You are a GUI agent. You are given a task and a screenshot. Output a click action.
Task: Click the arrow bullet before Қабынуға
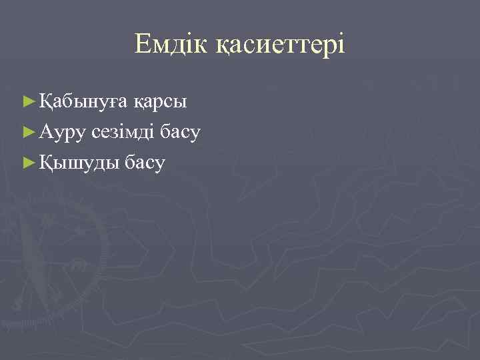point(27,101)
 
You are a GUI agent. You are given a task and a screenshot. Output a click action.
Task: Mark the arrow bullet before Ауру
point(27,132)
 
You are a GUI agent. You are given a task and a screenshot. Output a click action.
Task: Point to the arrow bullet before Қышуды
point(27,162)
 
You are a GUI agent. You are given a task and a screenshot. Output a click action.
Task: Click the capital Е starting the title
point(143,45)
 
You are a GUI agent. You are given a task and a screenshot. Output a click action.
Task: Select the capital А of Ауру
point(45,131)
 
